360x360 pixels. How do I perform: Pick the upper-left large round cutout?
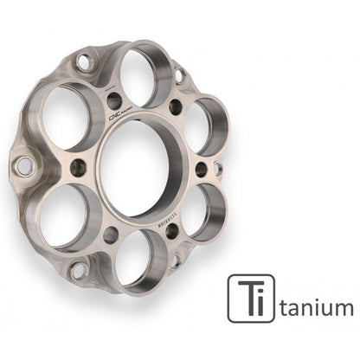click(x=63, y=116)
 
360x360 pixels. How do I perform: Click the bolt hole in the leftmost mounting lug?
click(x=24, y=164)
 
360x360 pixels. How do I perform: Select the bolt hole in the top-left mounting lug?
click(x=84, y=61)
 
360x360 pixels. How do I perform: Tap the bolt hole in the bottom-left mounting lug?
click(x=79, y=270)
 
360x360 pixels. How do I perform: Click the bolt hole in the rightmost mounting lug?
click(x=218, y=170)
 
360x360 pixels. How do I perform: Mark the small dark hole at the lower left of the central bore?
click(x=111, y=234)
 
